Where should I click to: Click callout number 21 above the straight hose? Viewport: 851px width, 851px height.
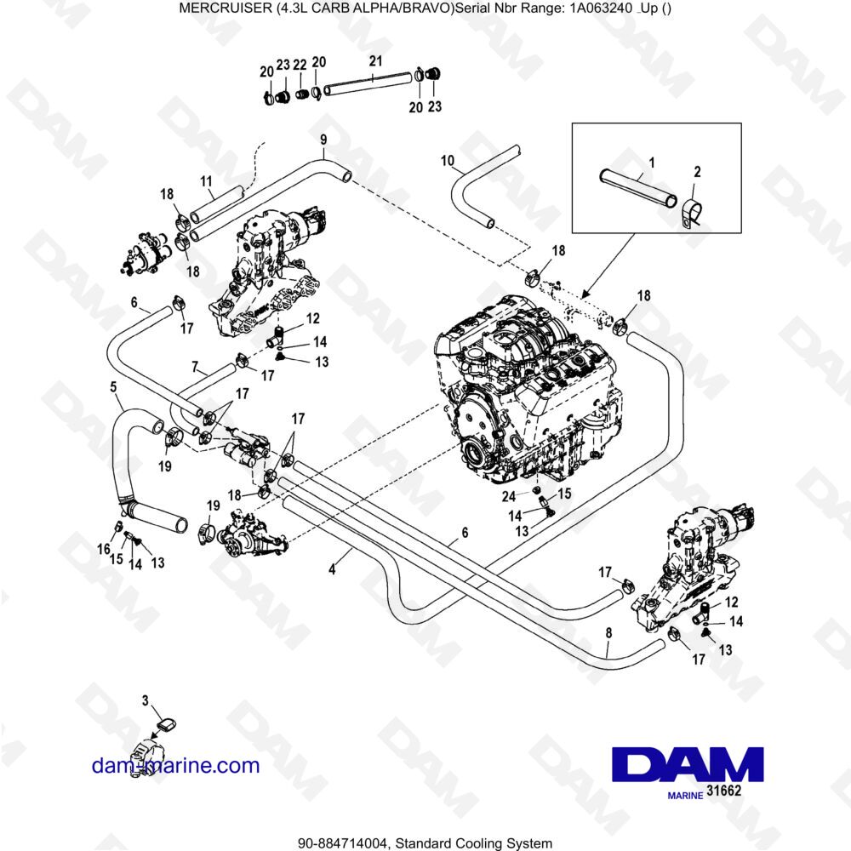click(x=376, y=61)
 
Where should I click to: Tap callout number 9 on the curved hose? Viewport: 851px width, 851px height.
click(x=323, y=140)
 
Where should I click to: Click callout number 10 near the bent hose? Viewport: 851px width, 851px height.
click(x=448, y=161)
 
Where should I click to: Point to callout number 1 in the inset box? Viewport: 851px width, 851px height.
click(x=651, y=161)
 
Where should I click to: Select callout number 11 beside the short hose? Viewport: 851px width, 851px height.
click(x=205, y=181)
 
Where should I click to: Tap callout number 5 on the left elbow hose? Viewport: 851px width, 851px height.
click(x=114, y=386)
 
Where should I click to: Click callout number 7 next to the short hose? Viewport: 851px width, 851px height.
click(x=195, y=368)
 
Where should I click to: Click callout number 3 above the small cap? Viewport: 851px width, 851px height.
click(x=146, y=700)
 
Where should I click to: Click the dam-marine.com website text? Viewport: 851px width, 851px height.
click(x=175, y=765)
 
